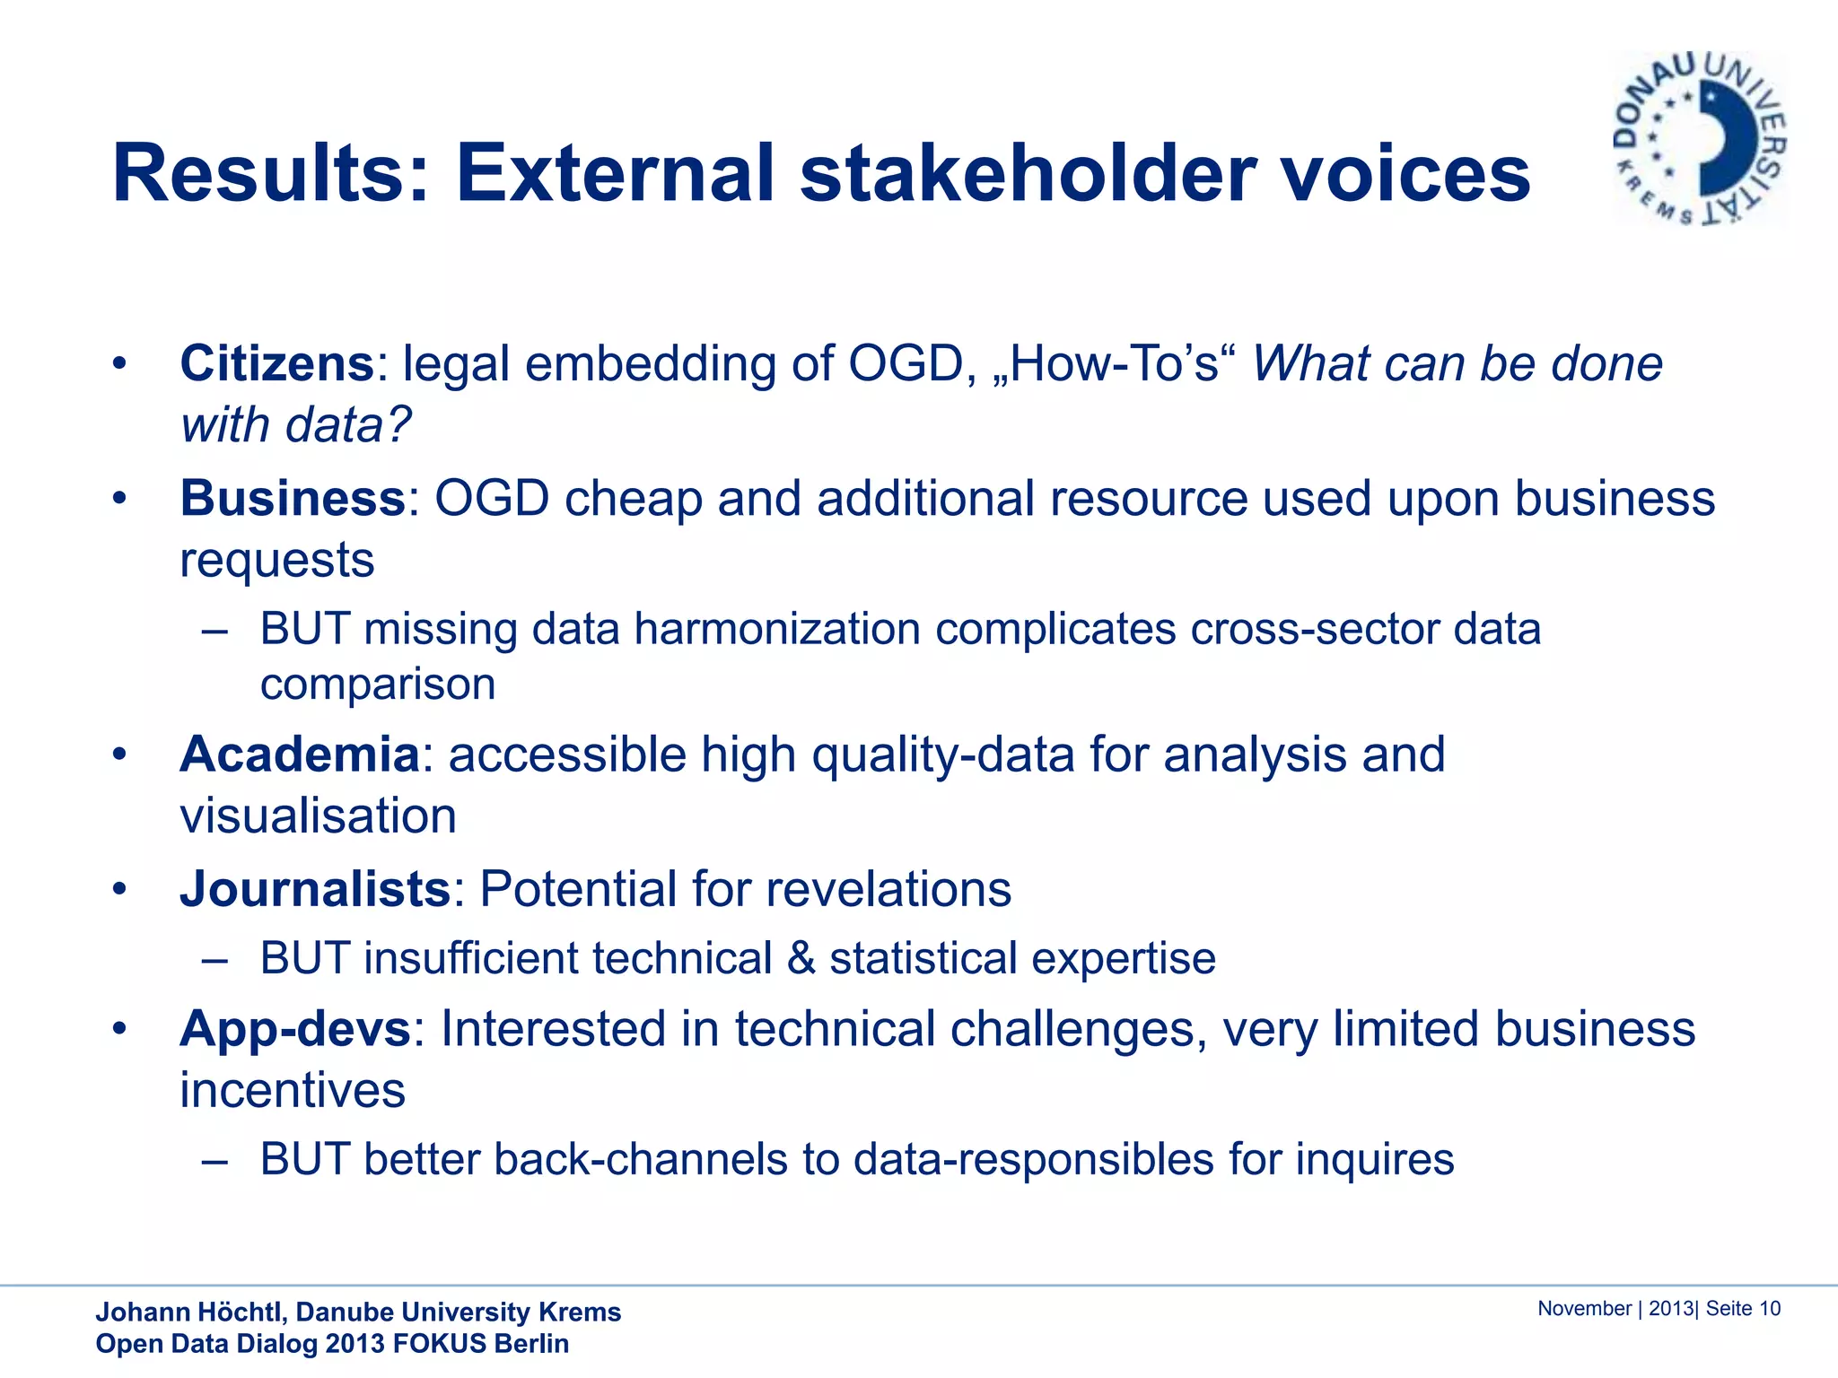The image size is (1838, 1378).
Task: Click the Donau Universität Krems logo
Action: click(x=1700, y=139)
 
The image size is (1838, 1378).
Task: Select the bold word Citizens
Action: click(x=276, y=364)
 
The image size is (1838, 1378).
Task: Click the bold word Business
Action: click(x=293, y=499)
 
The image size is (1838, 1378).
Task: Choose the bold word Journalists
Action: click(x=315, y=889)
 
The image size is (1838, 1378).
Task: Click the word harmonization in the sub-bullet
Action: click(x=776, y=629)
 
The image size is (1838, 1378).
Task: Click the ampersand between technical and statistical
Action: click(x=801, y=958)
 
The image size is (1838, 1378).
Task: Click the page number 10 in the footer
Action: click(x=1769, y=1309)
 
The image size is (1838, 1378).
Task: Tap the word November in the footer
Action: click(x=1584, y=1309)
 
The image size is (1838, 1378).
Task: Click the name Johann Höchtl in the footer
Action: click(x=190, y=1313)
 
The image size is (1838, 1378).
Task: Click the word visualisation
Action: click(x=318, y=816)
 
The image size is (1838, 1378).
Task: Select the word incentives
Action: click(x=293, y=1091)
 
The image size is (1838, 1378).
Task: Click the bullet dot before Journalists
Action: click(x=119, y=890)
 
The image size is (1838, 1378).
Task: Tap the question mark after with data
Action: click(x=398, y=425)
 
